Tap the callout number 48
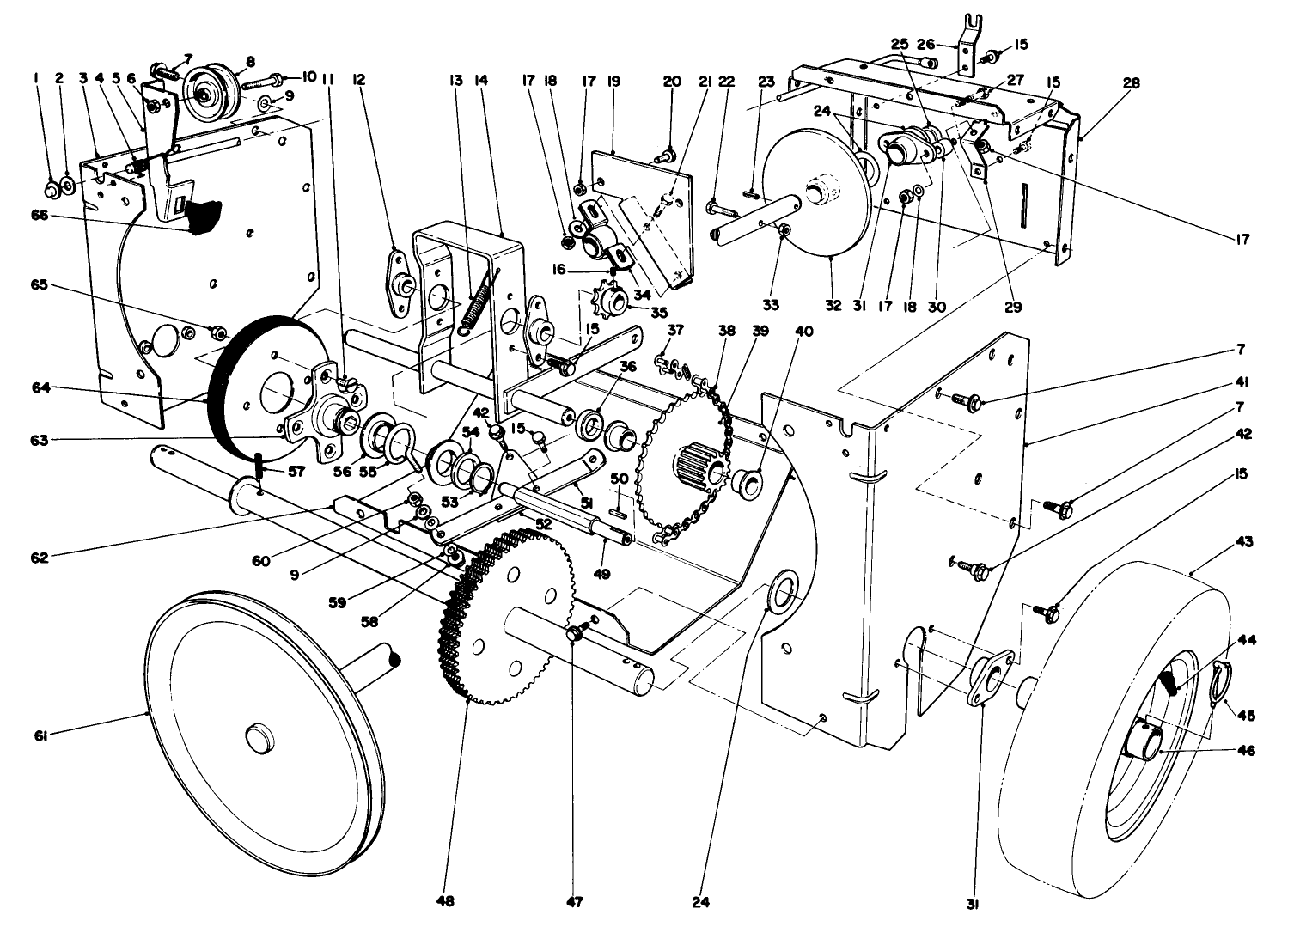(444, 901)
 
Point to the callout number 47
(574, 901)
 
